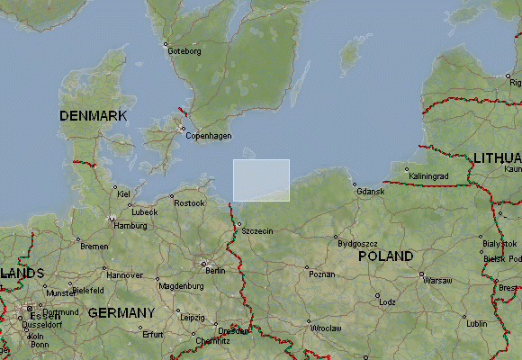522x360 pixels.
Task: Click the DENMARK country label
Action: pyautogui.click(x=94, y=117)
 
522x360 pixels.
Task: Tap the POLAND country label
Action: pyautogui.click(x=386, y=256)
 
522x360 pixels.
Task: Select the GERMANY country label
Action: pyautogui.click(x=121, y=313)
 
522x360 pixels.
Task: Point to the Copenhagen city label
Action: pyautogui.click(x=209, y=136)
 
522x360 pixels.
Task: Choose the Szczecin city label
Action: pyautogui.click(x=256, y=231)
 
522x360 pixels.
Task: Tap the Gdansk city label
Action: pyautogui.click(x=370, y=192)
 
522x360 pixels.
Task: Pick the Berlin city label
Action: pyautogui.click(x=214, y=270)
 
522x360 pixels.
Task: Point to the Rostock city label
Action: pyautogui.click(x=189, y=203)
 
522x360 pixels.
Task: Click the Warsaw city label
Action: pyautogui.click(x=437, y=281)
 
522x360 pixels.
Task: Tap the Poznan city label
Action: pyautogui.click(x=321, y=274)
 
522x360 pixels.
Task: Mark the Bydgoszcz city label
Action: pyautogui.click(x=356, y=244)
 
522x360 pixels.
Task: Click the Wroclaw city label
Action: pyautogui.click(x=326, y=328)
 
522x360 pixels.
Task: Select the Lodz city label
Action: pyautogui.click(x=388, y=302)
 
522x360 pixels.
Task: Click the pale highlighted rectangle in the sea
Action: pyautogui.click(x=261, y=180)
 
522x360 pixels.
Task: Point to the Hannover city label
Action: pyautogui.click(x=125, y=275)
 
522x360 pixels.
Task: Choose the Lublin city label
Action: pyautogui.click(x=476, y=324)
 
